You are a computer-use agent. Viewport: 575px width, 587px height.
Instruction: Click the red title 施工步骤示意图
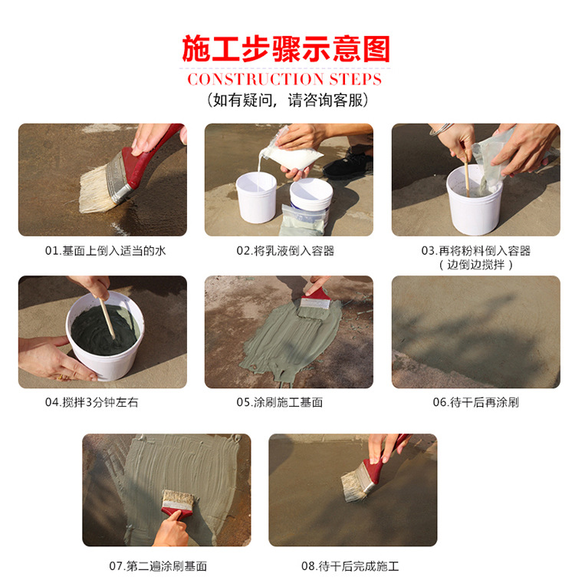coord(286,48)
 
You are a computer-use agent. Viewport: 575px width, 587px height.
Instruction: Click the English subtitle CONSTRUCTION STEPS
coord(284,79)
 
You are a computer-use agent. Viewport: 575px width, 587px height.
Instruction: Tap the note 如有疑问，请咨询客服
coord(287,101)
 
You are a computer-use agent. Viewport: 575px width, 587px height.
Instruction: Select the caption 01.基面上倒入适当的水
coord(106,250)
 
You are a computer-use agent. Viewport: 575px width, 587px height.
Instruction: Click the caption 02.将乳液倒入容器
coord(285,250)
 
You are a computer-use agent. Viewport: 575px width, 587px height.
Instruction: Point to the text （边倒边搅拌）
coord(476,265)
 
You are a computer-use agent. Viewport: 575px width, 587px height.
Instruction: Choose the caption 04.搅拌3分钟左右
coord(92,402)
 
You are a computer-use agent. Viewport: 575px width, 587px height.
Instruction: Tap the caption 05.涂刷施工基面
coord(280,402)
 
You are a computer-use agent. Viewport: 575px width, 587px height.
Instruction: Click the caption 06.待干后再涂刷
coord(476,402)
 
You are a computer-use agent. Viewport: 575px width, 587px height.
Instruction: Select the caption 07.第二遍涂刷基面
coord(158,566)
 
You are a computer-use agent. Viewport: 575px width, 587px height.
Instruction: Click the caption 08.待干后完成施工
coord(350,566)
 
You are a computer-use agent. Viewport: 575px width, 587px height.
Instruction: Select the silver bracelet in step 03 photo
coord(441,129)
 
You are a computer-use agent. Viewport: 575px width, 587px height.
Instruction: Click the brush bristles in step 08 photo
coord(353,486)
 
